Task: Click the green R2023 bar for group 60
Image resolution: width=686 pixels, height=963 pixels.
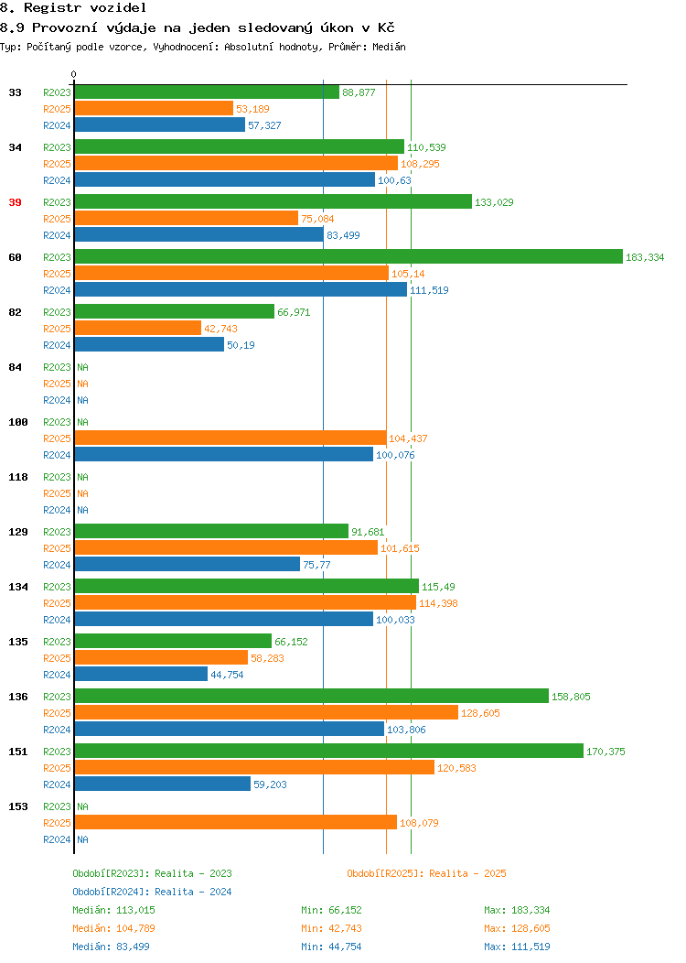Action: [348, 256]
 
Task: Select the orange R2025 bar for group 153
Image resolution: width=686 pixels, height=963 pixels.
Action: [236, 822]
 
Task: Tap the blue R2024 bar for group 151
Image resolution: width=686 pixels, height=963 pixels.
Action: [163, 784]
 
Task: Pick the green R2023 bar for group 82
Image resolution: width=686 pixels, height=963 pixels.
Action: [175, 311]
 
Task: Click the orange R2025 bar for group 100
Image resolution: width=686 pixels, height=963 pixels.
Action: [230, 438]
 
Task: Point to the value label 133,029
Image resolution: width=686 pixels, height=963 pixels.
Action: [494, 202]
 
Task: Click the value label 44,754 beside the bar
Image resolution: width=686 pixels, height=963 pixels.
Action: [227, 675]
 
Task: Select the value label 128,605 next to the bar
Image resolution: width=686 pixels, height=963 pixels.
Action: [480, 713]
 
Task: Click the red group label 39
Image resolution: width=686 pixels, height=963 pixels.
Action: [16, 202]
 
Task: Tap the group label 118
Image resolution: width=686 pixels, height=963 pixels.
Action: [18, 477]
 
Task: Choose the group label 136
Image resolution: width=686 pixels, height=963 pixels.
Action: [18, 697]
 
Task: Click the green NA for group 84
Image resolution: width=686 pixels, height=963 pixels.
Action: [83, 367]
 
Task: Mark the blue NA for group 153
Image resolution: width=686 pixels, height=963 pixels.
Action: [83, 839]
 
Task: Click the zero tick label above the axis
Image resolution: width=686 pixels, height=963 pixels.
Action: [74, 74]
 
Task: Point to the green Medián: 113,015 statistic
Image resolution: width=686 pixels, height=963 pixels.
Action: [113, 910]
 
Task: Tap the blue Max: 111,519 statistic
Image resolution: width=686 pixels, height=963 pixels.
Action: [518, 947]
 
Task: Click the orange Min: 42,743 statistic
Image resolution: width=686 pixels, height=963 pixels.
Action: [331, 928]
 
